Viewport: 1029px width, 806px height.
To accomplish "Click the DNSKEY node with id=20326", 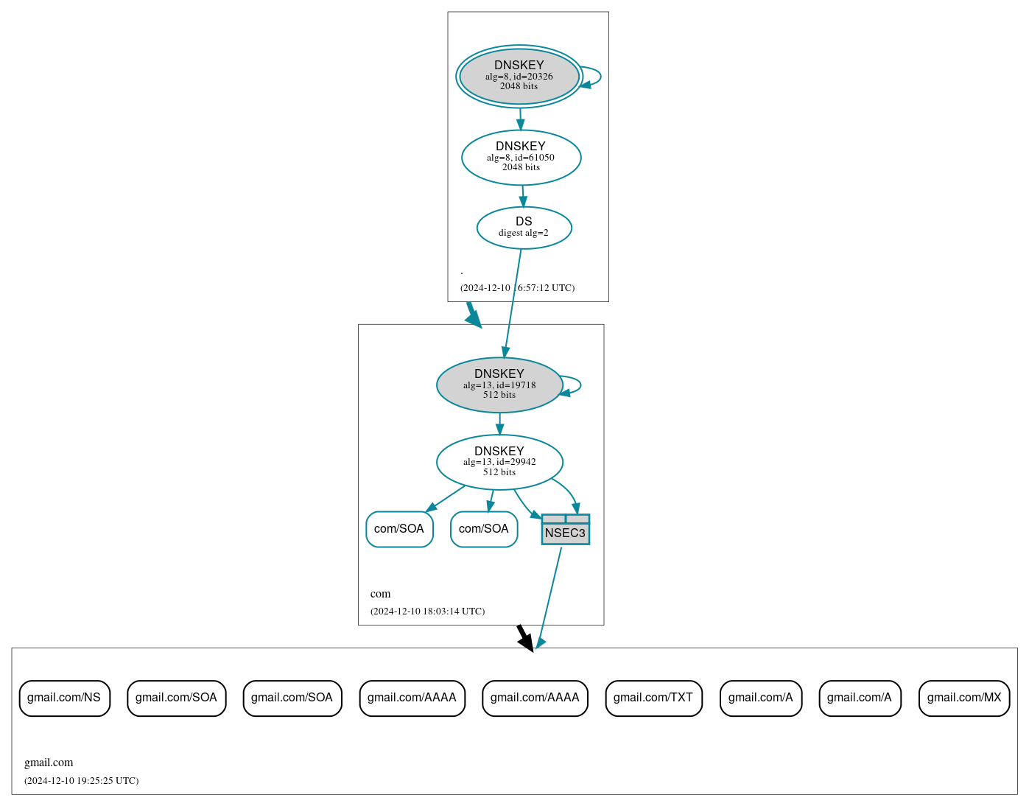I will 519,76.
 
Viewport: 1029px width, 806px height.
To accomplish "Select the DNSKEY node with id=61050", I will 521,157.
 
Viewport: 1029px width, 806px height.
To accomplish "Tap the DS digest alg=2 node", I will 524,228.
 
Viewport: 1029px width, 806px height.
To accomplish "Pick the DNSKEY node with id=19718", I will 499,385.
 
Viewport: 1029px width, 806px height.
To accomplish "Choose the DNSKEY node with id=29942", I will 499,462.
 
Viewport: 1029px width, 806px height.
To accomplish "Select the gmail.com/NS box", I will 64,698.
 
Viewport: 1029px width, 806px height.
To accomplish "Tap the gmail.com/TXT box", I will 653,698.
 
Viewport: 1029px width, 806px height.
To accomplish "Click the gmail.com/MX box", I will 963,698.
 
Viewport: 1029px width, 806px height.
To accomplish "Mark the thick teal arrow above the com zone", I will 473,314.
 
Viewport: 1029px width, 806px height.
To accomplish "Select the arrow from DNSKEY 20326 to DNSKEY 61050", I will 520,119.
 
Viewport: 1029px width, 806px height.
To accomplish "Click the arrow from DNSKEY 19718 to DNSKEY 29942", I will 499,424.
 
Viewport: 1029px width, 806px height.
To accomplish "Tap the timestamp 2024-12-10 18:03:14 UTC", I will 427,611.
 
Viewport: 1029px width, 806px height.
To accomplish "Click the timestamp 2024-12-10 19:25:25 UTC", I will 81,781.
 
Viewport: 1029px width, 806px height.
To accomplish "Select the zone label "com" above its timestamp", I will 380,594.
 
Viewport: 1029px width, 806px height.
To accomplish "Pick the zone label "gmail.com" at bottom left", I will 49,763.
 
